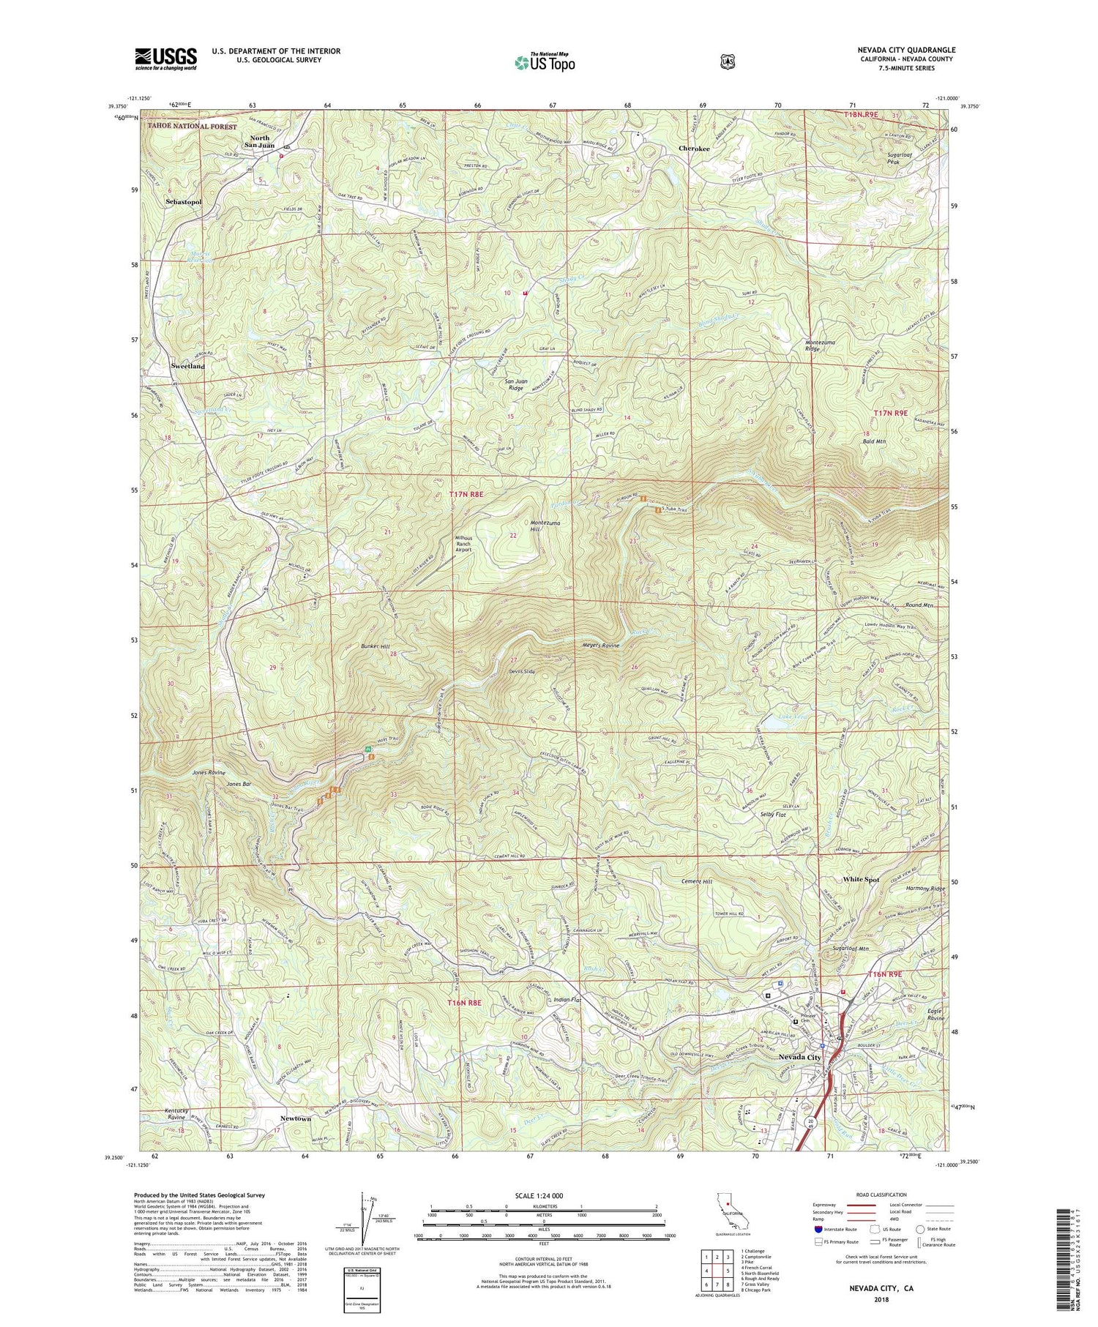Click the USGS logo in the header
pos(165,59)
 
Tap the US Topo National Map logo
pos(545,62)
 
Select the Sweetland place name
pos(187,365)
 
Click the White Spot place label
pos(861,879)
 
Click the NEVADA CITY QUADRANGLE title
pos(896,50)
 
